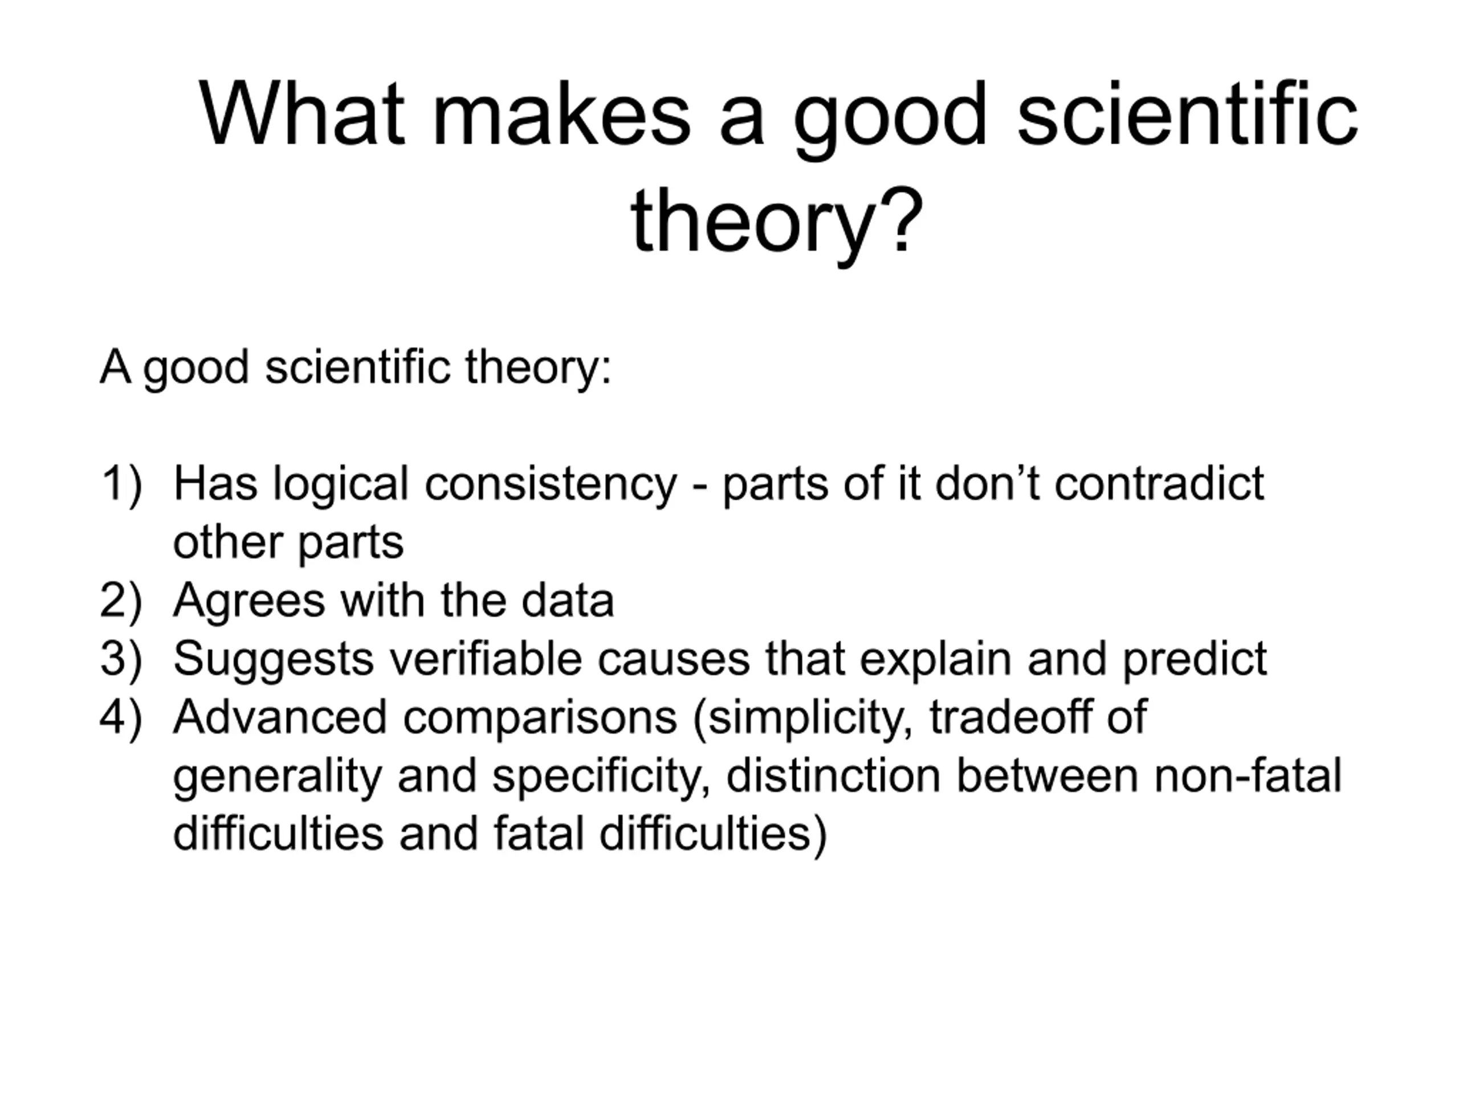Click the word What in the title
point(301,113)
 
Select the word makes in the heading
point(561,113)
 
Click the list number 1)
point(121,485)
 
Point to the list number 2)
point(121,601)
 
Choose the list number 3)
point(121,659)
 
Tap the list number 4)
point(121,717)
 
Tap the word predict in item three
point(1195,660)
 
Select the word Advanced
point(280,717)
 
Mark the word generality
point(278,777)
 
